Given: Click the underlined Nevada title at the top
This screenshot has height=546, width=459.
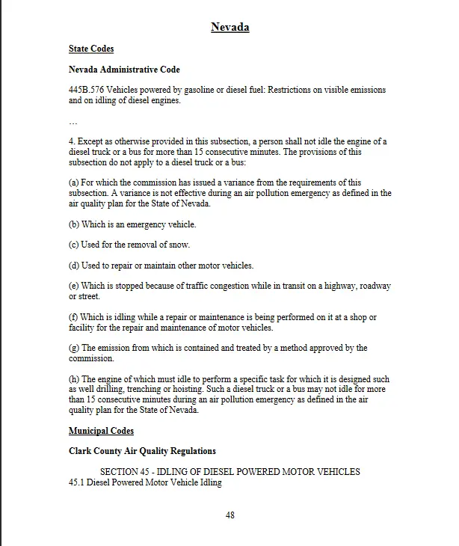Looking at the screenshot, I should (229, 28).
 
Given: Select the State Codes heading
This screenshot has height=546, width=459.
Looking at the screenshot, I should (91, 49).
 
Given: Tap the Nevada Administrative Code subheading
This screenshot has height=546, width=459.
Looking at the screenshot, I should (124, 70).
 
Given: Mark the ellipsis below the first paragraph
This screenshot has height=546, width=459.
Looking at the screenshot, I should (73, 121).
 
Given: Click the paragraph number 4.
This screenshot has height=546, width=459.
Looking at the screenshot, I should (71, 141).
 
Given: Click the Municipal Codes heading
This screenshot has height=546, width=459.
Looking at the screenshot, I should (101, 432).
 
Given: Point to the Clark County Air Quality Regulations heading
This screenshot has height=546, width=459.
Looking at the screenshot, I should (142, 451).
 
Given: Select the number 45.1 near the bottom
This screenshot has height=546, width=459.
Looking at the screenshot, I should (76, 482).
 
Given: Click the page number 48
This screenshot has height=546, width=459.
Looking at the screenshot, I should (230, 515).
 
